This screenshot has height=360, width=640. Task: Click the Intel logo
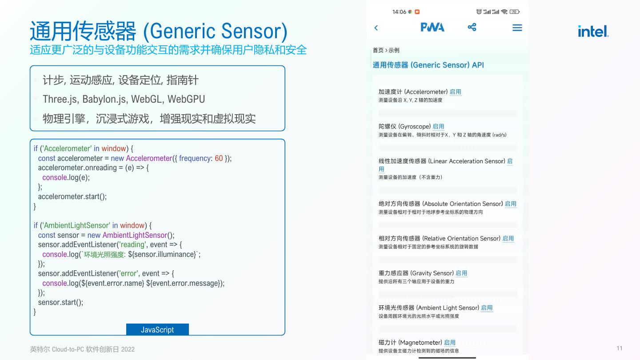[593, 31]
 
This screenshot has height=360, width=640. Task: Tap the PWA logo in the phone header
[432, 28]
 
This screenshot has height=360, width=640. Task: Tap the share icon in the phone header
[472, 28]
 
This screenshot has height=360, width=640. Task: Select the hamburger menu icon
[517, 28]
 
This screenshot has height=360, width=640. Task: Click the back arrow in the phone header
[376, 28]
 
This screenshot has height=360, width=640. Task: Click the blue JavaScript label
[157, 329]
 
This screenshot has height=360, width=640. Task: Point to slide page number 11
[620, 348]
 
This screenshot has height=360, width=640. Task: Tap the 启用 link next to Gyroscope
[438, 127]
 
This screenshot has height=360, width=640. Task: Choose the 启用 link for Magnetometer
[450, 343]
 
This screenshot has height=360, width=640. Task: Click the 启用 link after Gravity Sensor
[461, 273]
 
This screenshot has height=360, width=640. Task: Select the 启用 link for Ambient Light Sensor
[487, 308]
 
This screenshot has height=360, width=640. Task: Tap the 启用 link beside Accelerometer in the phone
[455, 92]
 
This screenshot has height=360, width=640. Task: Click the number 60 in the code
[219, 158]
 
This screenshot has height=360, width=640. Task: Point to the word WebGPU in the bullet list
[186, 99]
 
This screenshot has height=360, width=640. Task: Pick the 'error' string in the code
[128, 273]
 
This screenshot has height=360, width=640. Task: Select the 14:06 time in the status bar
[399, 12]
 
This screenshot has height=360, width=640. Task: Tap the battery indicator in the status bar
[515, 12]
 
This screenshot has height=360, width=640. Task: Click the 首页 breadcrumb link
[378, 50]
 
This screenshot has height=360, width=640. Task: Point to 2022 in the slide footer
[128, 349]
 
